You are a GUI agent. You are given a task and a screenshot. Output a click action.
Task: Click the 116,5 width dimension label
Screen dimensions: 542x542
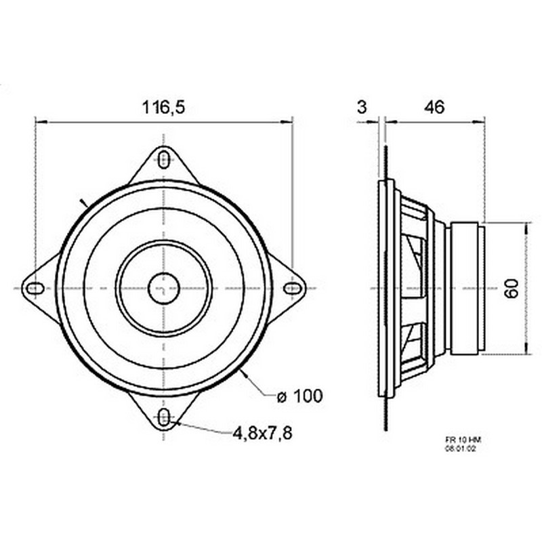point(164,107)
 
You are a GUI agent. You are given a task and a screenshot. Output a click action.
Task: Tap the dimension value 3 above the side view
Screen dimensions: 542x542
point(362,107)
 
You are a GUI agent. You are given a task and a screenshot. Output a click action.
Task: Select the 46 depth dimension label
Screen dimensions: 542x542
point(434,107)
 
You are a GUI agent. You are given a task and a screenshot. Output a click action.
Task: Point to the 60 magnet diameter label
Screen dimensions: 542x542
point(512,289)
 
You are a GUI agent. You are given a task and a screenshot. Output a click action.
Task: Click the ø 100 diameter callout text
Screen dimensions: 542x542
point(299,396)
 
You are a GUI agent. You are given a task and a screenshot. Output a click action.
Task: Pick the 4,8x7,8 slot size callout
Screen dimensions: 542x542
point(262,433)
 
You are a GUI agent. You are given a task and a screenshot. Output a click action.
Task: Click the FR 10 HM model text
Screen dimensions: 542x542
point(463,440)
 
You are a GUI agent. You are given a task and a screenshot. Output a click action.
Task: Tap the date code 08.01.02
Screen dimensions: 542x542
point(461,449)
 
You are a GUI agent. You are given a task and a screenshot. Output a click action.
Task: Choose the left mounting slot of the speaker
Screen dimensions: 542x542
point(35,289)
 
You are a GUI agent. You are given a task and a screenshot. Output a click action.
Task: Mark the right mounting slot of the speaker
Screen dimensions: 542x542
point(293,289)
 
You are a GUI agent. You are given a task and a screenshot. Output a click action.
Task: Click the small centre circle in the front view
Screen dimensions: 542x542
point(163,289)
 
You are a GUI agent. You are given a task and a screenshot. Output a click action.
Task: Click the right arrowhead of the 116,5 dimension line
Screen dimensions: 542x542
point(287,122)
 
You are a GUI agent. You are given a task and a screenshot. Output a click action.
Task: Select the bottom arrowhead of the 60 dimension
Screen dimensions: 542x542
point(526,348)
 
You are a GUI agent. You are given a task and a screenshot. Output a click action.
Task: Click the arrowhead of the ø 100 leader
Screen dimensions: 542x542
point(244,374)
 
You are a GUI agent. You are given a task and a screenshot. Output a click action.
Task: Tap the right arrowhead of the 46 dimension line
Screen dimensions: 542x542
point(479,122)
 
